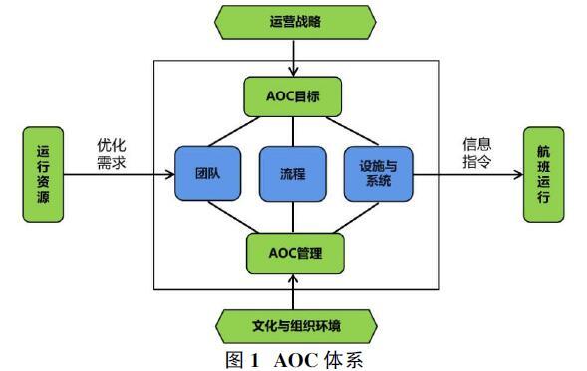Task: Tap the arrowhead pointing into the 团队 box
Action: point(171,174)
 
